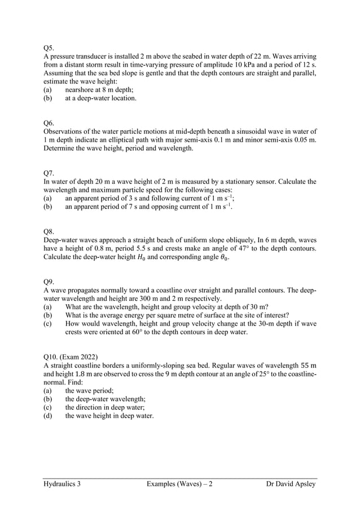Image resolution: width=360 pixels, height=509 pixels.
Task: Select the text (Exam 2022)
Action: [80, 357]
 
